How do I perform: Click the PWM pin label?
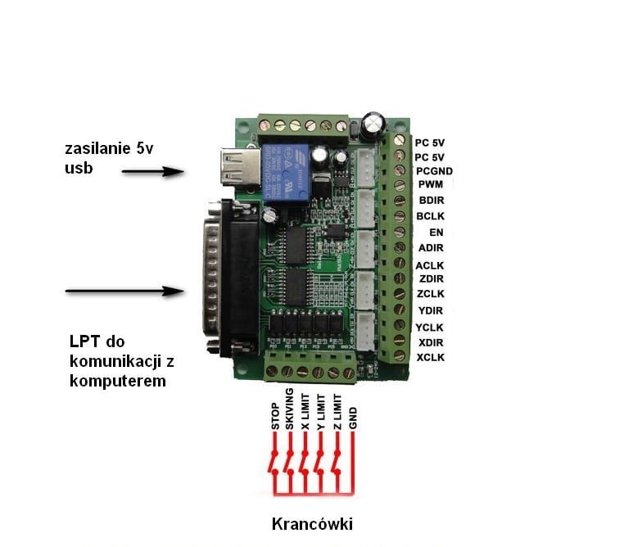[430, 185]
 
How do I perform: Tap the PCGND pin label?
[434, 171]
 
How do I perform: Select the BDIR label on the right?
[431, 201]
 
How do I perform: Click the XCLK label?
[431, 359]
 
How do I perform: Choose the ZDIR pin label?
[431, 278]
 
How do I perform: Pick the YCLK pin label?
[431, 327]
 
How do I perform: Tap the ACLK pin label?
[431, 264]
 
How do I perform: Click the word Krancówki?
[313, 523]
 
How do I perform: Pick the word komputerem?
[118, 381]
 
